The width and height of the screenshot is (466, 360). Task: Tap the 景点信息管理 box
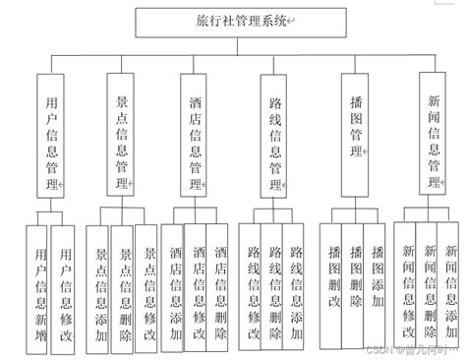coord(122,136)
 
